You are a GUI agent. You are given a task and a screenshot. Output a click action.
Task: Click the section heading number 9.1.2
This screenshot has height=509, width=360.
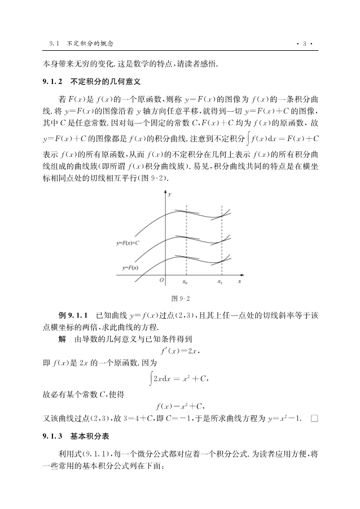click(53, 81)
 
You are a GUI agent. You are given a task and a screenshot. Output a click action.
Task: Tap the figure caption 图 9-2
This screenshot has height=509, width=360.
click(179, 298)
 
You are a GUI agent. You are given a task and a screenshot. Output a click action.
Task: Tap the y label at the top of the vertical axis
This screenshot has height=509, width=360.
click(170, 194)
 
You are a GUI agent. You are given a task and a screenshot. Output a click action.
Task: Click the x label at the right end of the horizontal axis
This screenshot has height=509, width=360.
click(239, 280)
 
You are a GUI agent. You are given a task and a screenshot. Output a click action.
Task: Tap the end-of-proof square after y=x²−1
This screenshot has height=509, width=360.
click(314, 418)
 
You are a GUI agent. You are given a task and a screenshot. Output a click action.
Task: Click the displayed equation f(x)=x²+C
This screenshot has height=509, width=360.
click(180, 405)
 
